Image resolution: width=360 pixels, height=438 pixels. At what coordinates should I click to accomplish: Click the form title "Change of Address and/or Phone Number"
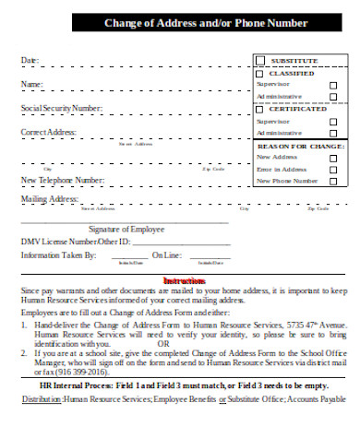pos(205,23)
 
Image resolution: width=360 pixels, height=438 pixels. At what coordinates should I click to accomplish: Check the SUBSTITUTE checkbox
pos(260,60)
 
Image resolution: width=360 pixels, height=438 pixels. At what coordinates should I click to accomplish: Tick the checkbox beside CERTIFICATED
pos(260,108)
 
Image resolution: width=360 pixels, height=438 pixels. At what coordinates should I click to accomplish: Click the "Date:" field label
pos(30,61)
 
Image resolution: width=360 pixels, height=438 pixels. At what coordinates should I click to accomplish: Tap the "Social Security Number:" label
pos(62,109)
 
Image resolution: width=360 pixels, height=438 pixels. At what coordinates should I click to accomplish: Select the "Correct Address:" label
pos(48,133)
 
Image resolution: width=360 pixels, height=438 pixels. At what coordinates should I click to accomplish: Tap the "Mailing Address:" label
pos(49,198)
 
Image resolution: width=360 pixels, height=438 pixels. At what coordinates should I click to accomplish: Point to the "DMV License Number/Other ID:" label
pos(76,242)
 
